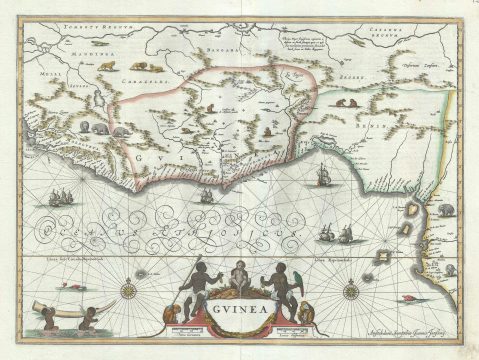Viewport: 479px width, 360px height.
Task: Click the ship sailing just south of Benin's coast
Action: (323, 178)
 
